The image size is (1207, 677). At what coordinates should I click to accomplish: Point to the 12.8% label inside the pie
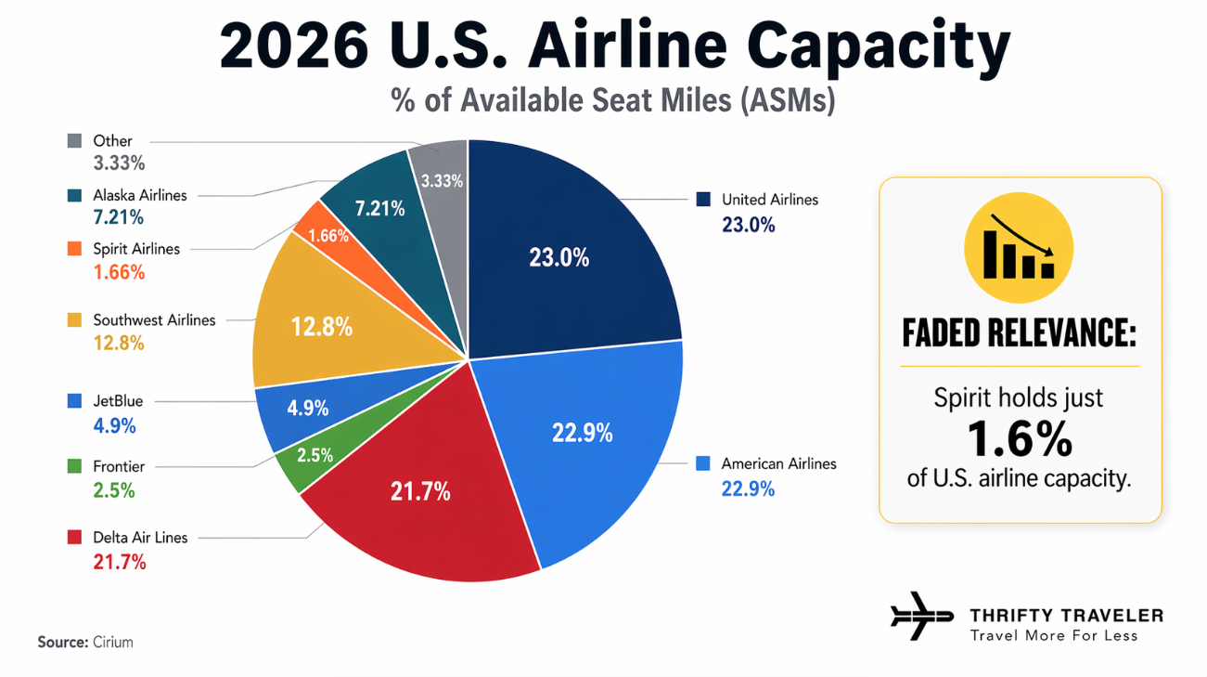(x=321, y=326)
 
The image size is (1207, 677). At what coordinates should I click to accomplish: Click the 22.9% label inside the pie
(x=582, y=433)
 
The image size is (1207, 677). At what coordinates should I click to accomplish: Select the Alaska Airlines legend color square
(x=75, y=196)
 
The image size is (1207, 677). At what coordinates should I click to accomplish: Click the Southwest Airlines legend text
(x=154, y=319)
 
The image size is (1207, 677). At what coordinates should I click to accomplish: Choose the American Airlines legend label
(x=778, y=463)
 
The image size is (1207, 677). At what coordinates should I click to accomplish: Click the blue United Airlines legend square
(x=703, y=199)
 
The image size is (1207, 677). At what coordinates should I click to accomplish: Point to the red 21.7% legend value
(x=120, y=562)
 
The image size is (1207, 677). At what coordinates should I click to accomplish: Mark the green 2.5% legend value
(x=114, y=491)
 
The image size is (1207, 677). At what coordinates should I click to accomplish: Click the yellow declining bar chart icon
(x=1018, y=246)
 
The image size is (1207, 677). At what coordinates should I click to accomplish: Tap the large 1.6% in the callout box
(x=1019, y=439)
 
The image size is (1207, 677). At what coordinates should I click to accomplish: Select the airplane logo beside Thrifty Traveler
(x=920, y=616)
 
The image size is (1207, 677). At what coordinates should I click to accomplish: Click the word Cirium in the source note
(x=112, y=642)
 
